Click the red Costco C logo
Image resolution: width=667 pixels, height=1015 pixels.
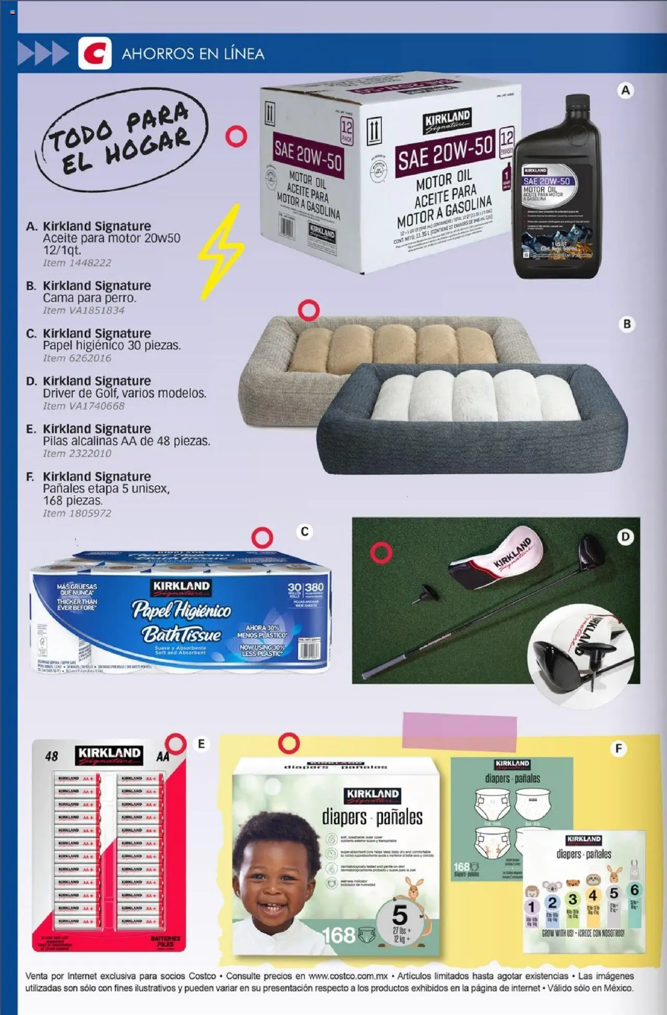click(x=95, y=53)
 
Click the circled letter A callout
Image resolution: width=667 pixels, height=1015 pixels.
click(x=625, y=91)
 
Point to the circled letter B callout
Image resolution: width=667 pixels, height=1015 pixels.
click(x=627, y=324)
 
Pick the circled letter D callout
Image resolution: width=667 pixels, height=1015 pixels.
click(x=625, y=537)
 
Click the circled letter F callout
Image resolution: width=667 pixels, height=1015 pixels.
click(x=619, y=749)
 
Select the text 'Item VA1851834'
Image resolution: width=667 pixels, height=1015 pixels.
click(x=83, y=310)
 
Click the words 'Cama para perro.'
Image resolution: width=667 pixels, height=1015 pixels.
click(x=89, y=298)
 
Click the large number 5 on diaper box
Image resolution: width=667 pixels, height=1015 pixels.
click(x=400, y=915)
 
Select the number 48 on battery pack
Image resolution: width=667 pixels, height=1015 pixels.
click(x=52, y=756)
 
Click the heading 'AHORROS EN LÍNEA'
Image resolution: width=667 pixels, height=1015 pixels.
click(x=193, y=54)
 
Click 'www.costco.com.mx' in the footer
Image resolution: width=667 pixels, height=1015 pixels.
click(x=347, y=976)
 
